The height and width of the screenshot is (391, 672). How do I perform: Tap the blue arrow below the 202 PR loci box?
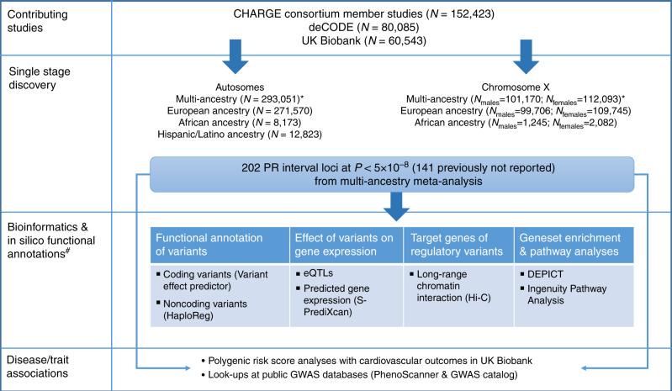[347, 195]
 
